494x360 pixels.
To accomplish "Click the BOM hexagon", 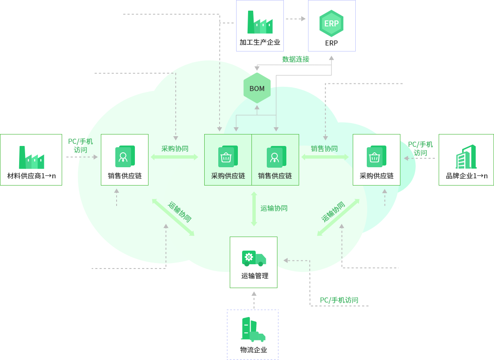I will [257, 89].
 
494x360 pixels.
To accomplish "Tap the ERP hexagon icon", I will [331, 24].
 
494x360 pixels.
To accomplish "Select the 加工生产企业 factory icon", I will [260, 23].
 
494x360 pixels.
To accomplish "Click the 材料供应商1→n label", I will [31, 175].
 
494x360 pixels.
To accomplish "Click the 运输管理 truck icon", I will [254, 258].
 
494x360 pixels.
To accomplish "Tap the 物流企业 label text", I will [254, 350].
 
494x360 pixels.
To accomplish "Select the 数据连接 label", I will [296, 59].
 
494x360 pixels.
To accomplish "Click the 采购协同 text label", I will [175, 149].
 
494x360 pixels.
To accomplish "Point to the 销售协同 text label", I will [324, 149].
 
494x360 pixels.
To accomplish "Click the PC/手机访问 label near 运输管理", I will [339, 300].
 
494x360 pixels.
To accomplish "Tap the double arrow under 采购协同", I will [174, 157].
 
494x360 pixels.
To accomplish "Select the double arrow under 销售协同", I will [325, 157].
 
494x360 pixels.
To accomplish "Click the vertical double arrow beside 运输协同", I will [254, 209].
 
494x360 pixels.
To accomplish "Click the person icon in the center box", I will [275, 157].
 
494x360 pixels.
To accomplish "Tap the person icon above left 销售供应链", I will [124, 157].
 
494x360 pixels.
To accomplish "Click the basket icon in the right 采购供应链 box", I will [376, 157].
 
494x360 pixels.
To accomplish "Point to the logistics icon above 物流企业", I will [253, 329].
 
